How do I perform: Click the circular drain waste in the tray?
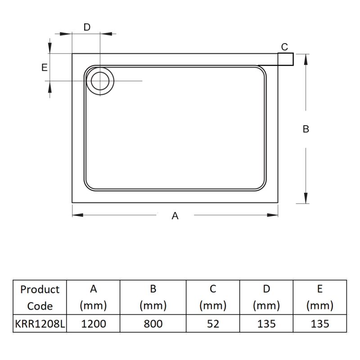(100, 81)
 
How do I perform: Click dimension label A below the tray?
(175, 216)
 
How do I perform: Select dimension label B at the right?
(306, 129)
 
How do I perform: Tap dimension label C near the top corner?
(284, 47)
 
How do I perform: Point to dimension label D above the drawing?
(87, 27)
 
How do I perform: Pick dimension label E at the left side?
(44, 67)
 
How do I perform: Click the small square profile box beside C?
(285, 59)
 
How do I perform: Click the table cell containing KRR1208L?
(40, 324)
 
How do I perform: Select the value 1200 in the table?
(93, 324)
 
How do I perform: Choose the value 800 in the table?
(153, 324)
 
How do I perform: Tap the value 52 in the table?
(213, 324)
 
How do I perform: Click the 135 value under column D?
(266, 324)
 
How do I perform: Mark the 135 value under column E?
(319, 324)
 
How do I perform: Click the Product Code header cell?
(40, 297)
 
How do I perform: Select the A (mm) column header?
(93, 297)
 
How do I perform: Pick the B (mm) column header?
(153, 297)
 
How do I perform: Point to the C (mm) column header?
(213, 297)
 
